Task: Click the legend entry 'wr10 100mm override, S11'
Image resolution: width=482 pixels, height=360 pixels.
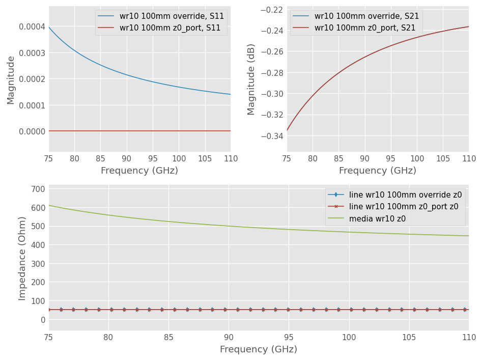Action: tap(172, 16)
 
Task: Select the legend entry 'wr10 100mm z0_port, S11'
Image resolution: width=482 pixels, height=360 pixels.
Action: tap(170, 28)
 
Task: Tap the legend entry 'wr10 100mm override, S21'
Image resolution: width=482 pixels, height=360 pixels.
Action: tap(366, 16)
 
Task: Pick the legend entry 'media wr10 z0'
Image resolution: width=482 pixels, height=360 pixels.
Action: tap(377, 219)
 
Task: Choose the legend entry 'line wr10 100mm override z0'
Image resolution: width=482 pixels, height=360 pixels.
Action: tap(405, 195)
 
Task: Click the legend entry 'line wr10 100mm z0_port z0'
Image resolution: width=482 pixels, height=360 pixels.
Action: tap(404, 207)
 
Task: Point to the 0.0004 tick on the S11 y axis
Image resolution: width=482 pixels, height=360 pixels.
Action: tap(32, 27)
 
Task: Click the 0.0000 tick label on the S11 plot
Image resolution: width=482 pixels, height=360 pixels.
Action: tap(32, 131)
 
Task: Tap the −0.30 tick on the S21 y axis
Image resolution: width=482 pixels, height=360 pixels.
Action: tap(272, 94)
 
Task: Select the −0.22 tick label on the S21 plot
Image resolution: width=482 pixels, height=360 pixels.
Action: tap(272, 10)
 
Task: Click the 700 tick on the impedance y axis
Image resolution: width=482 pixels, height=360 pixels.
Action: tap(38, 189)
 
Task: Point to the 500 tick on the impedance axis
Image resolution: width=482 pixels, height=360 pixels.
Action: tap(38, 227)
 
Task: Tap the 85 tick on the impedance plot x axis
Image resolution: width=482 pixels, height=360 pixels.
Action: tap(168, 337)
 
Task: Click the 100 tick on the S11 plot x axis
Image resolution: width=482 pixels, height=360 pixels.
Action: tap(179, 159)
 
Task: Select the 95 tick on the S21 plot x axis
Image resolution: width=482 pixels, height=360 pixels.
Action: tap(390, 159)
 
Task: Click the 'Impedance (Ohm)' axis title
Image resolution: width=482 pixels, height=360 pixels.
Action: tap(22, 259)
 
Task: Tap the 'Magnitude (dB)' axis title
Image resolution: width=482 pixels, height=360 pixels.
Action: tap(251, 79)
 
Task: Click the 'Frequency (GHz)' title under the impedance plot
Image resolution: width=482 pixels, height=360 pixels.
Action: tap(259, 349)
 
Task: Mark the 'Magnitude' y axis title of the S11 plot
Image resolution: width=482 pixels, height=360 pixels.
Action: tap(11, 80)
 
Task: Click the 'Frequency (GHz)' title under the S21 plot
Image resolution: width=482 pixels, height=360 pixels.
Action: tap(378, 171)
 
